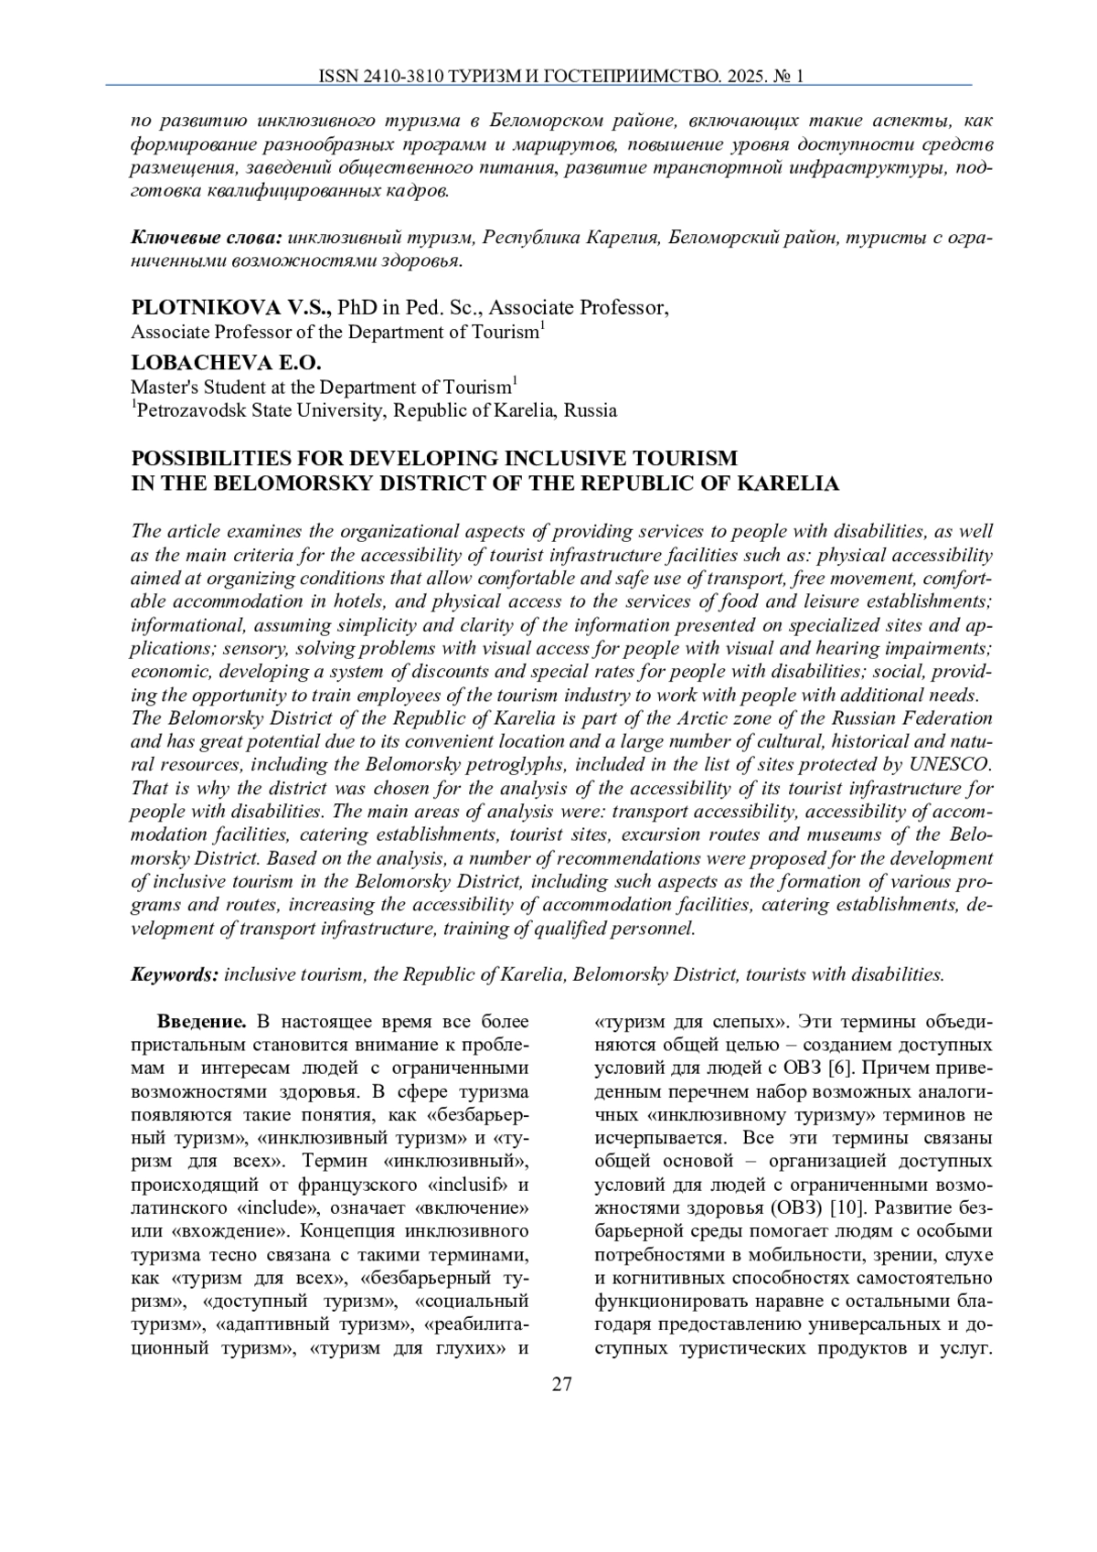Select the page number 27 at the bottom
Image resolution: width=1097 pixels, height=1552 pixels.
tap(561, 1385)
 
